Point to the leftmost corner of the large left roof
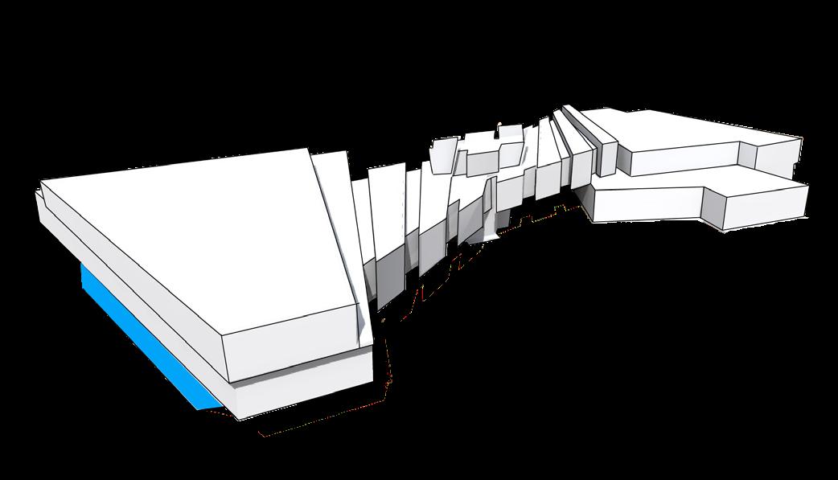pyautogui.click(x=41, y=183)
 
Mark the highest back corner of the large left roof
pyautogui.click(x=310, y=149)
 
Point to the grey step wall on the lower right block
pyautogui.click(x=713, y=207)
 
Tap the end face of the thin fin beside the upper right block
pyautogui.click(x=607, y=157)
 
